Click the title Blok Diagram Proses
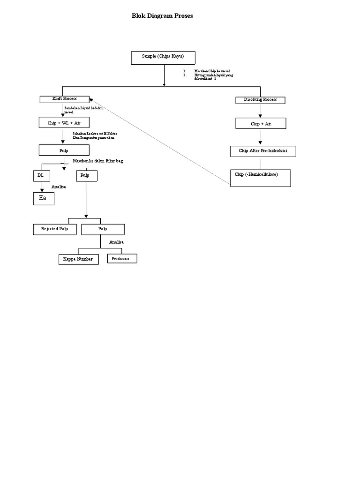[162, 16]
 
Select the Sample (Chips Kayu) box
[163, 57]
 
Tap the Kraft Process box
[64, 99]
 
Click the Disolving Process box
[260, 100]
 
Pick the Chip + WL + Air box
[64, 123]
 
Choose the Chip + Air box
[261, 124]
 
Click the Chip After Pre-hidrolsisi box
[263, 151]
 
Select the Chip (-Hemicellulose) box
[261, 178]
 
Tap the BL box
[41, 176]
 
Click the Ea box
[43, 199]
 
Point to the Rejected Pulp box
[55, 229]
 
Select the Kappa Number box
[78, 259]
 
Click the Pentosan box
[122, 258]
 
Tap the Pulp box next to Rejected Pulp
[103, 229]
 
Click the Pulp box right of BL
[86, 176]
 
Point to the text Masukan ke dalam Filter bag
[98, 161]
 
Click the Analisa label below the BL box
[59, 187]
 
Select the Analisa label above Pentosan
[116, 242]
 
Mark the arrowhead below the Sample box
[164, 84]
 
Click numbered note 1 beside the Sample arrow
[207, 71]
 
